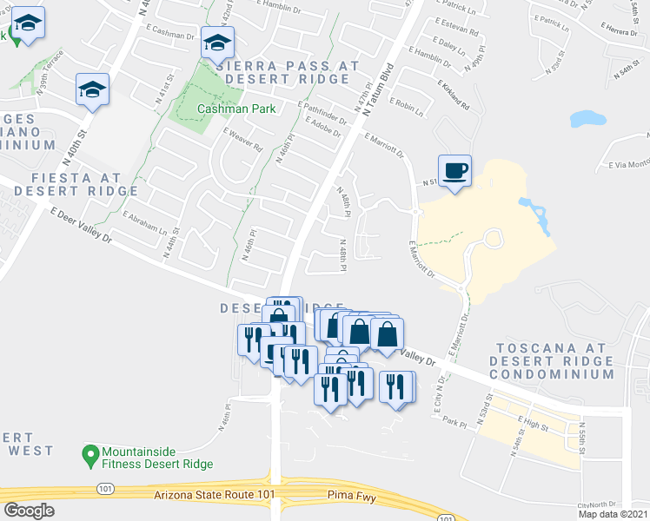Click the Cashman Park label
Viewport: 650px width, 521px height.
(236, 109)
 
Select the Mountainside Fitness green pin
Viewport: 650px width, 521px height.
(89, 453)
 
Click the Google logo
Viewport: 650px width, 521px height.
(29, 511)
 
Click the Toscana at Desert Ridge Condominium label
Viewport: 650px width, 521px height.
(552, 360)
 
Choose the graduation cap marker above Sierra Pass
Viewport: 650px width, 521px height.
(216, 41)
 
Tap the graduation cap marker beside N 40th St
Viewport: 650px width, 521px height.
(92, 89)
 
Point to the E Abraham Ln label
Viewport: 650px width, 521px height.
(144, 224)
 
